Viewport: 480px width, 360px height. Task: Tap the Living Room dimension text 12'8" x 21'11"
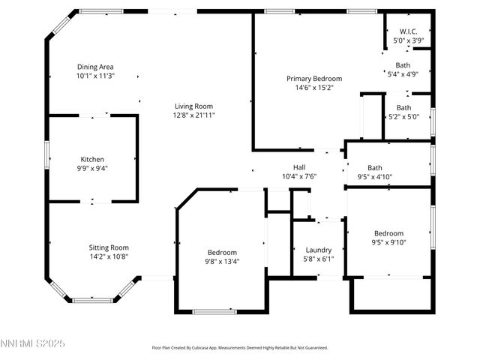pos(194,115)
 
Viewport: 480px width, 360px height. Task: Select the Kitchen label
pos(92,159)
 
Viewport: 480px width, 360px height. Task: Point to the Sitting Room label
pos(109,247)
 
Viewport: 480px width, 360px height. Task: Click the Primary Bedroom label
pos(314,78)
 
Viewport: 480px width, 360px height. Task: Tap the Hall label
pos(298,167)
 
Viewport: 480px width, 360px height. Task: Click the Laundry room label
pos(319,250)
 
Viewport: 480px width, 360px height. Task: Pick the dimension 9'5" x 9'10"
pos(388,242)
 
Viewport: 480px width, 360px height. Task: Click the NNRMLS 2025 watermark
pos(33,343)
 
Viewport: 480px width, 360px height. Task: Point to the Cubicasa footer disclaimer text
pos(239,347)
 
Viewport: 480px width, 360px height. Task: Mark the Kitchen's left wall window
pos(48,158)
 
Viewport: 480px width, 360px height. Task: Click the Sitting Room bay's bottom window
pos(92,300)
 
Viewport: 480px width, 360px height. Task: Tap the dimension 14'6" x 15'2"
pos(314,88)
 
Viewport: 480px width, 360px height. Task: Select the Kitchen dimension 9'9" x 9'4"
pos(92,168)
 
